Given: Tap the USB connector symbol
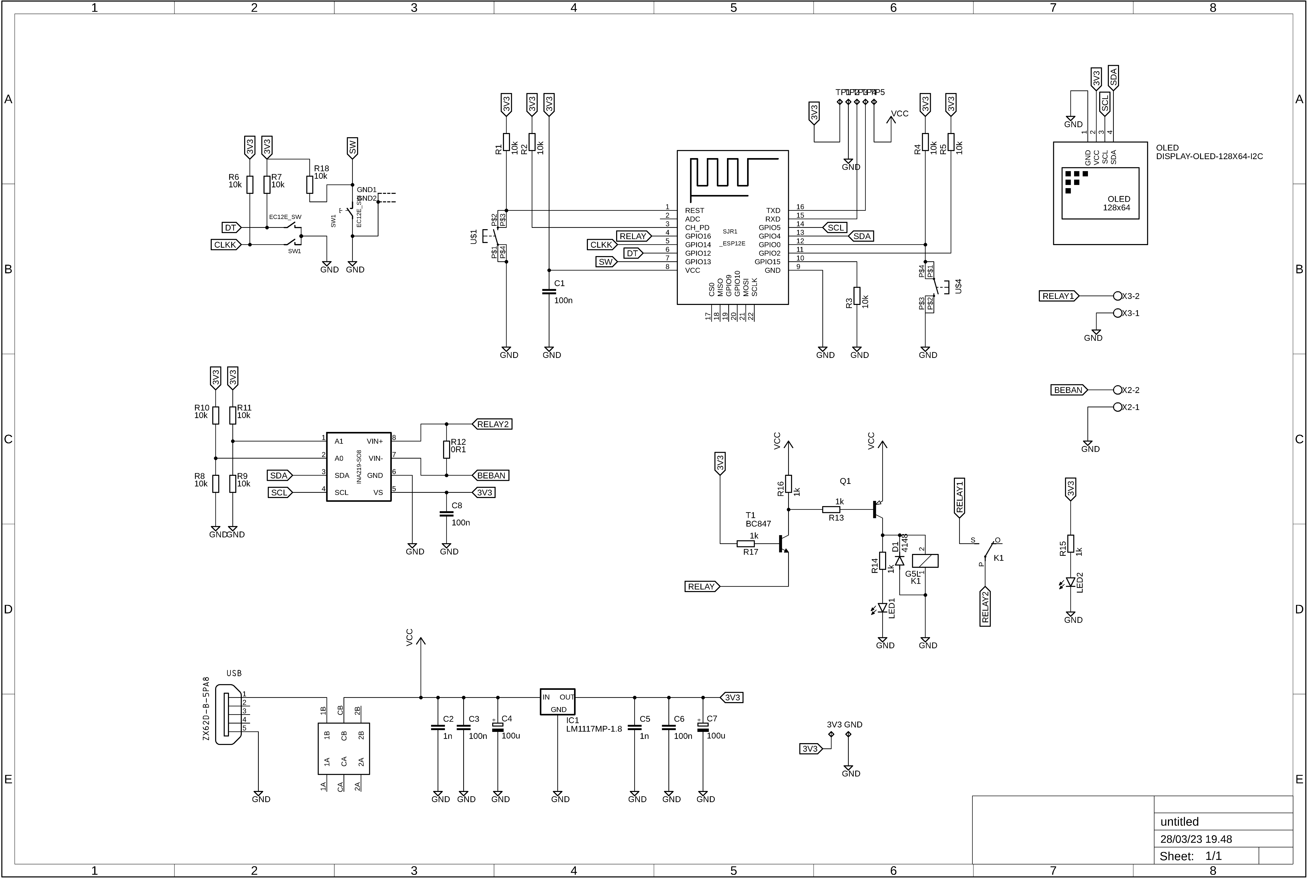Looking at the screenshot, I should pos(230,714).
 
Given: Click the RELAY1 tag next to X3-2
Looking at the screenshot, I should pos(1058,296).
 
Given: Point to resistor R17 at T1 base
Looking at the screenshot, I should pos(745,543).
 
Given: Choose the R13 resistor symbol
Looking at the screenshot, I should pos(831,510).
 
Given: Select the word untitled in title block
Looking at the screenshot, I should pos(1179,822).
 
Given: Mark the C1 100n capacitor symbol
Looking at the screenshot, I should pos(549,292).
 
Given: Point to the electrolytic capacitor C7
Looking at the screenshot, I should pos(703,727).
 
